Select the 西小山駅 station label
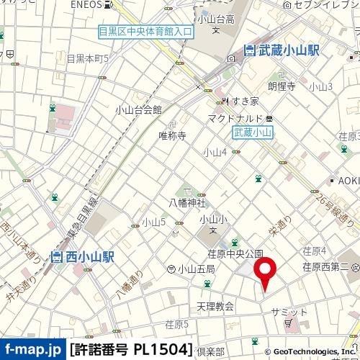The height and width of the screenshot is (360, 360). point(81,257)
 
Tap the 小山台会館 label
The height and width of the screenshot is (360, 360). point(138,110)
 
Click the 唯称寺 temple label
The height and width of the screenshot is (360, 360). point(172,135)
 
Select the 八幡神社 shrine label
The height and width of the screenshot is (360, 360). point(182,203)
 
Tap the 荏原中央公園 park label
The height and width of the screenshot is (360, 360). point(235,253)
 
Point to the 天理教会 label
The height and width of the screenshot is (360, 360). point(215,307)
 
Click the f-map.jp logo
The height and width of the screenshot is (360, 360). point(32,349)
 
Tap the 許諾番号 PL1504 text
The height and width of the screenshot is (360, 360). point(131,349)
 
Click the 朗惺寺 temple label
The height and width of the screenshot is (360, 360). point(282,86)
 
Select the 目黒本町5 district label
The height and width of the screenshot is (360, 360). point(87,58)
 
